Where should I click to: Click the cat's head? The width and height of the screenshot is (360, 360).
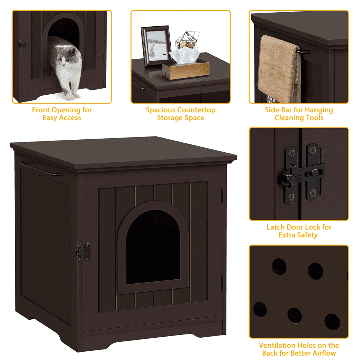67,55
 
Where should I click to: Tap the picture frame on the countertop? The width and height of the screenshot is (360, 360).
156,46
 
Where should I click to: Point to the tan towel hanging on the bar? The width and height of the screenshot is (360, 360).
279,69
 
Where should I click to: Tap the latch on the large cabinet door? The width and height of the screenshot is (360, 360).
84,252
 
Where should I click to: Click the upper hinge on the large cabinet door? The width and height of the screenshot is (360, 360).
222,196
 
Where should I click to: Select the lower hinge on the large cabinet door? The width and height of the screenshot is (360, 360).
222,283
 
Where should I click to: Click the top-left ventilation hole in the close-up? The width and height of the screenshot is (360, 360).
279,266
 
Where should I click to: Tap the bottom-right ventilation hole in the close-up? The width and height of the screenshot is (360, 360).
332,322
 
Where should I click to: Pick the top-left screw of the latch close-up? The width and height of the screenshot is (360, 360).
292,152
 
